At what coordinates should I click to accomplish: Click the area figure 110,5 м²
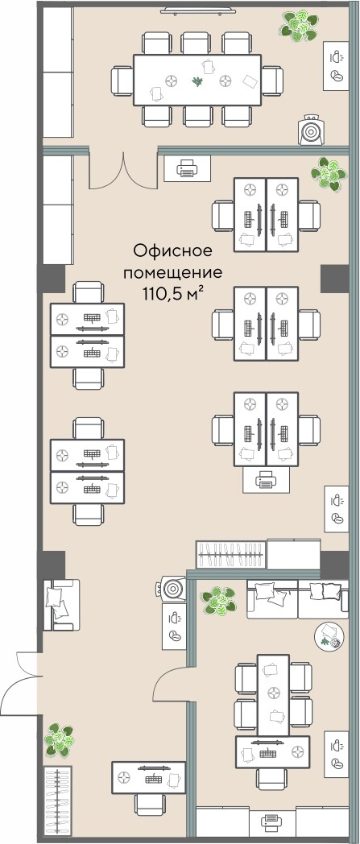click(x=172, y=293)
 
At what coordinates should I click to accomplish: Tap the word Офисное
click(x=172, y=250)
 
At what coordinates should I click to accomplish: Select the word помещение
click(x=172, y=272)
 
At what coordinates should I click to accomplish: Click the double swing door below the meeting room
click(x=123, y=172)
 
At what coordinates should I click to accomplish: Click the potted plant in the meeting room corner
click(x=298, y=23)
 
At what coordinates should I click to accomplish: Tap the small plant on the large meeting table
click(x=198, y=81)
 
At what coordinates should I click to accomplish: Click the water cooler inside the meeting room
click(x=312, y=129)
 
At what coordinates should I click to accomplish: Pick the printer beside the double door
click(x=187, y=168)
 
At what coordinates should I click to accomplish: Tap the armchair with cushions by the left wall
click(x=61, y=605)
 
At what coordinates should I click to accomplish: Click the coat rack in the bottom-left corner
click(x=56, y=801)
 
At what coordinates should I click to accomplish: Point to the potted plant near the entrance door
click(x=60, y=739)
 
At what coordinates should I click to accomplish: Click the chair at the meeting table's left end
click(x=122, y=81)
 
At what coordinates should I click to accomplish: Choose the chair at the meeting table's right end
click(x=272, y=81)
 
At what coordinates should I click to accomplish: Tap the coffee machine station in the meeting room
click(x=336, y=66)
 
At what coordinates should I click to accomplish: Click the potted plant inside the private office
click(x=219, y=602)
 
